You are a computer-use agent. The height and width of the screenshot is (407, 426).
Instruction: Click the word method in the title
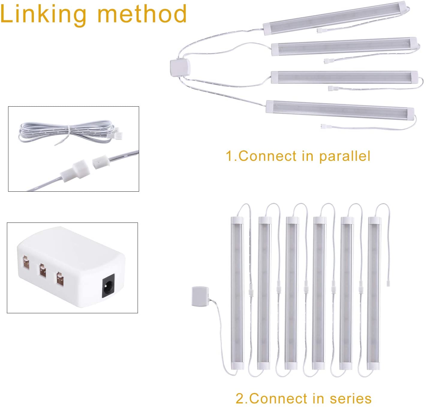(142, 14)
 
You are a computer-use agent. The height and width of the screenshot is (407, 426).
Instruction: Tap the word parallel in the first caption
(344, 157)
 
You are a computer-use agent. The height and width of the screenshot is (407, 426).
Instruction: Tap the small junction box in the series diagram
(200, 296)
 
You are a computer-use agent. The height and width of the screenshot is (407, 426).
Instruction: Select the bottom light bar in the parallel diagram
(340, 110)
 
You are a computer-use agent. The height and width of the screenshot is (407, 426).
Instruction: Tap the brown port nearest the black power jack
(60, 279)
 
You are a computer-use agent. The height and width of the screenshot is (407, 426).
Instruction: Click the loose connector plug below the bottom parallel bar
(324, 126)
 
